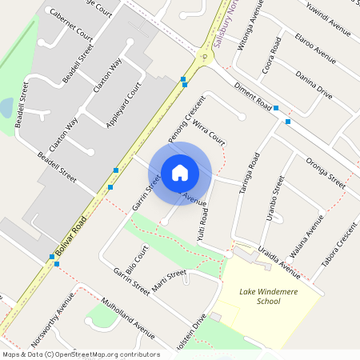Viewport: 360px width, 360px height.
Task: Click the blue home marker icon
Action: click(x=180, y=173)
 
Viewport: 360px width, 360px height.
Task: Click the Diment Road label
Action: click(x=252, y=96)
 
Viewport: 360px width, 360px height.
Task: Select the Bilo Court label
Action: click(x=137, y=260)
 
